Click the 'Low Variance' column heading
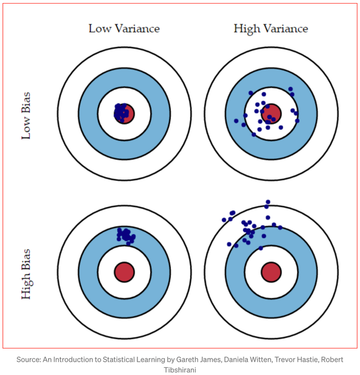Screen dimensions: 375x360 124,28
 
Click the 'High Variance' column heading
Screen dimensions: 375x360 271,28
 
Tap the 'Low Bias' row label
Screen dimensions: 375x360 26,115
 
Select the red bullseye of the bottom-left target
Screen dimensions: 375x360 125,271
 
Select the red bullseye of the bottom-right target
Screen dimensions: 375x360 271,271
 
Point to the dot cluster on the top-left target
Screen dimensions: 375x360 122,112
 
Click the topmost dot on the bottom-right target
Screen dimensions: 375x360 268,202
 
